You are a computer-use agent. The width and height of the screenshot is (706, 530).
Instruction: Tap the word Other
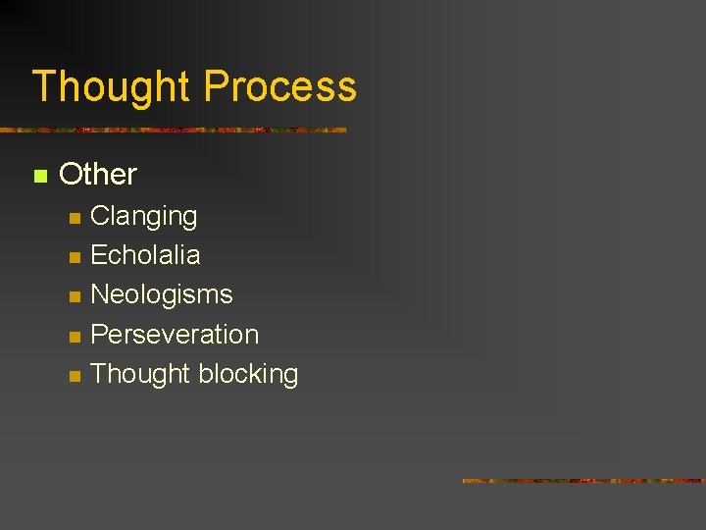coord(98,175)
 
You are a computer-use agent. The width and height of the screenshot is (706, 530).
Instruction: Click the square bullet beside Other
coord(40,177)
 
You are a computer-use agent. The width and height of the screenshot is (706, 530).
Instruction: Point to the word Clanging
coord(143,217)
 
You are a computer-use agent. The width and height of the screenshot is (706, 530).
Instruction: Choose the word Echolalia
coord(145,255)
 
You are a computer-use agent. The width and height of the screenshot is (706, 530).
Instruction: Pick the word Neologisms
coord(161,294)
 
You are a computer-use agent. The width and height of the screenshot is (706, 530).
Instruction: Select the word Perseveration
coord(175,334)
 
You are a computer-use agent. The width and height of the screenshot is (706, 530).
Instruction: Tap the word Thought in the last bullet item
coord(139,374)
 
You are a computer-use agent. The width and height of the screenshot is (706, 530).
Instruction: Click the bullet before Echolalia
coord(73,258)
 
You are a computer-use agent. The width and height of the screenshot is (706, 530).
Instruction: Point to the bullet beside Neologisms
coord(73,297)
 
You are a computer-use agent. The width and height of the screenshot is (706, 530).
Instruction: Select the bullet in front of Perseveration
coord(73,337)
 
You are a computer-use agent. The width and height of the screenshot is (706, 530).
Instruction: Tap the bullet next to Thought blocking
coord(73,377)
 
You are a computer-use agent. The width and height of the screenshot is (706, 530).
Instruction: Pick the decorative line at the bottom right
coord(583,480)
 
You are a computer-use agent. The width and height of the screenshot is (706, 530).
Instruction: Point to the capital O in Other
coord(71,175)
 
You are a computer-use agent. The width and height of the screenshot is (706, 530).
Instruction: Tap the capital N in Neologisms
coord(99,294)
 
